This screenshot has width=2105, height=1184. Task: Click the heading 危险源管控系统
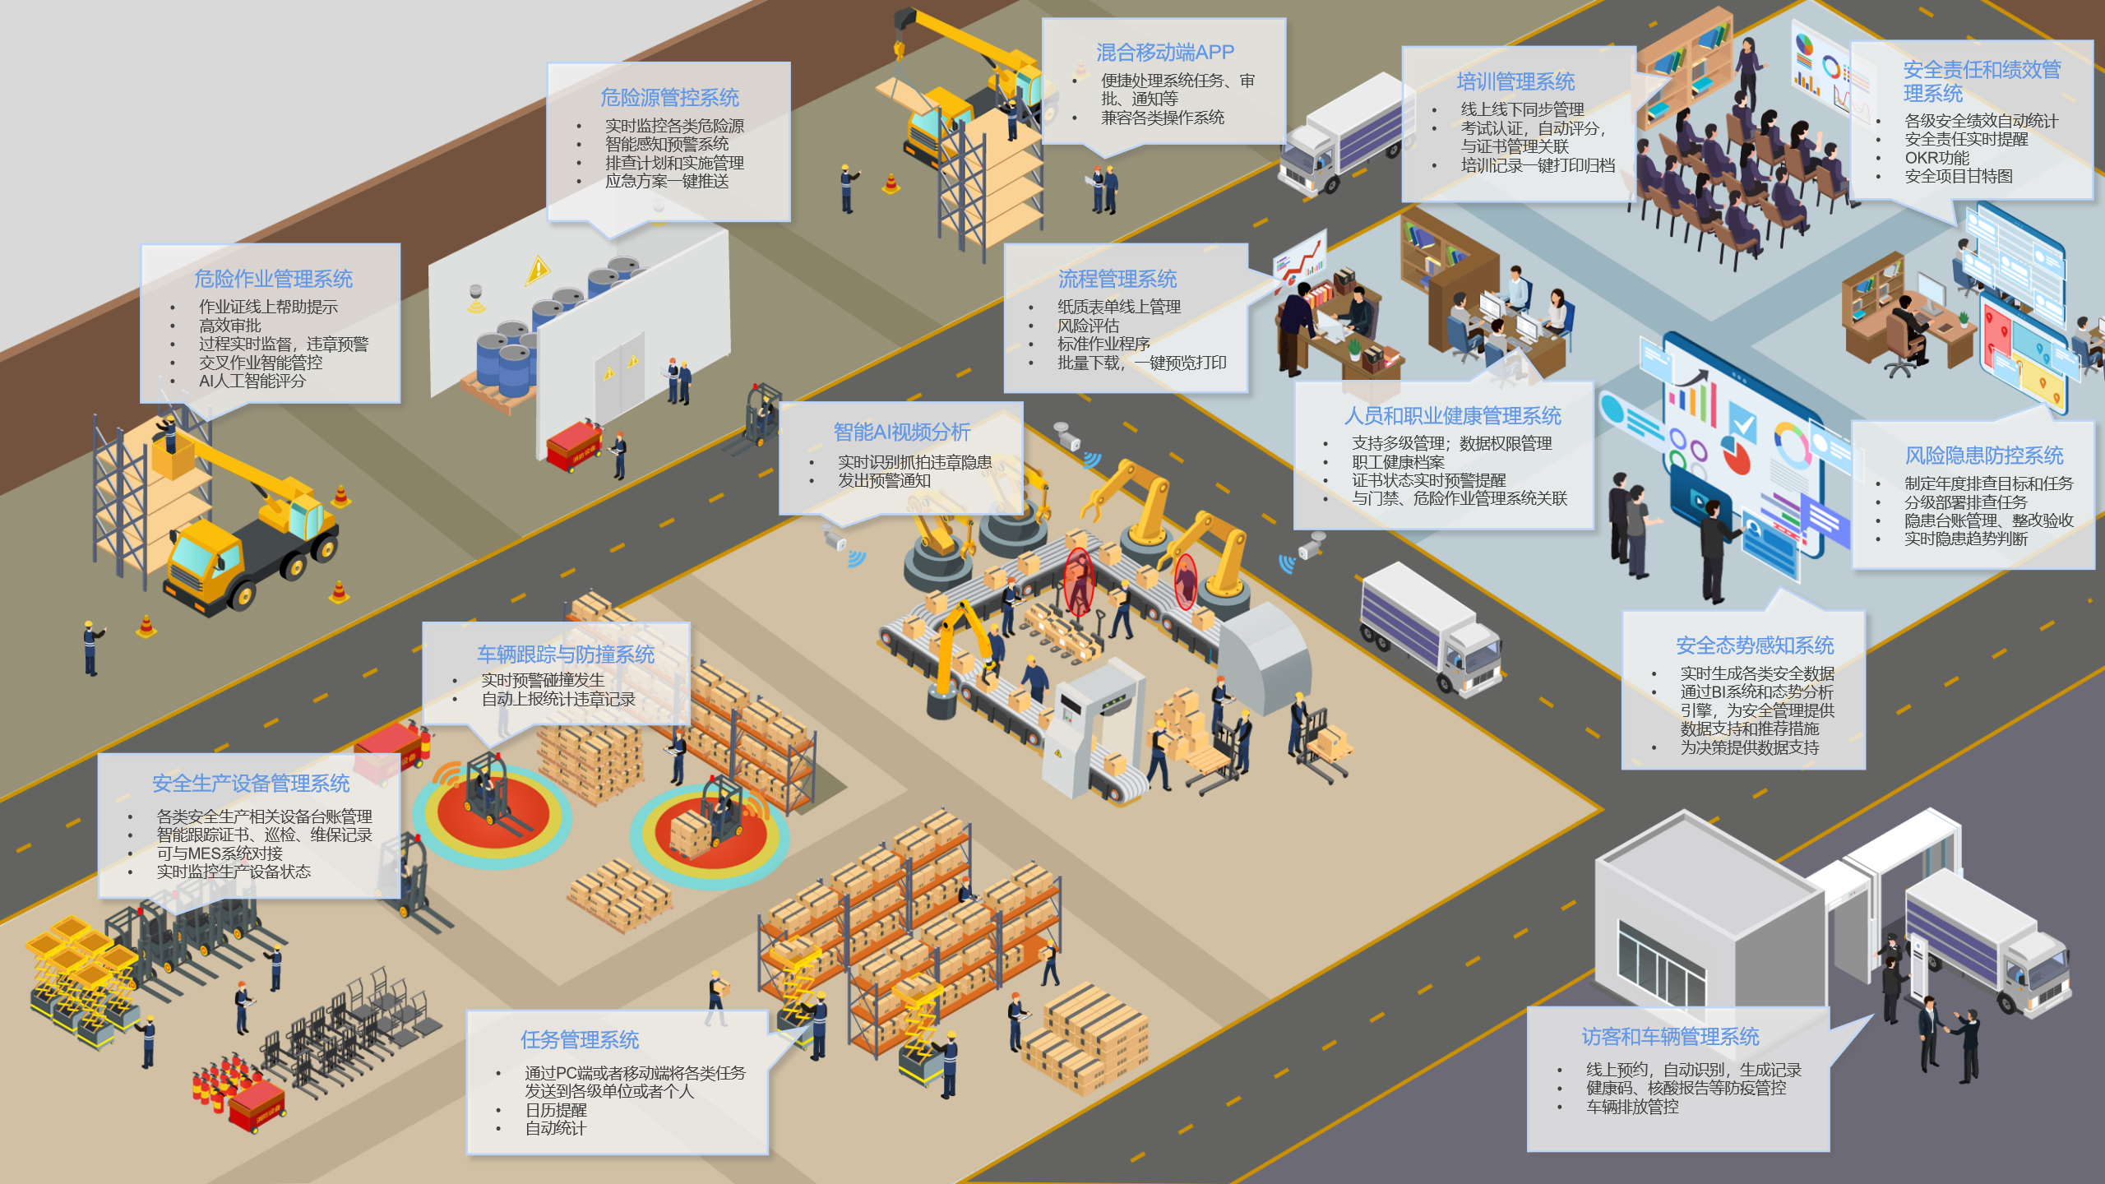tap(669, 98)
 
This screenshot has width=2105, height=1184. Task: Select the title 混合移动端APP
tap(1165, 53)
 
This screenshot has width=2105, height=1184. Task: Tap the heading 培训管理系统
tap(1515, 81)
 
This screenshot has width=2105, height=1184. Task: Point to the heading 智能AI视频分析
tap(902, 432)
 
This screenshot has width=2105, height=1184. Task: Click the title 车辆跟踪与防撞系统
tap(566, 654)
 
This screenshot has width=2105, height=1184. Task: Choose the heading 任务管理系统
tap(580, 1040)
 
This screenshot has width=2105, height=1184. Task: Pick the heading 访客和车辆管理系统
tap(1670, 1037)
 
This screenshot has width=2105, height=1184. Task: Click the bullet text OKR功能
tap(1937, 158)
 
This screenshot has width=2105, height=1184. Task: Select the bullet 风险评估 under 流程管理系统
tap(1088, 326)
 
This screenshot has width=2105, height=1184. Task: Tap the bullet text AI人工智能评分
tap(252, 382)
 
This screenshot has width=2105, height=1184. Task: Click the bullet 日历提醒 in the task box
tap(556, 1110)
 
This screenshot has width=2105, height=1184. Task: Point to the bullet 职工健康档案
tap(1398, 462)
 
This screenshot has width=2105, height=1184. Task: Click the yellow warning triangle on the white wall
tap(538, 270)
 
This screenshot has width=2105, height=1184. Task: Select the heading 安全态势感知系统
tap(1755, 645)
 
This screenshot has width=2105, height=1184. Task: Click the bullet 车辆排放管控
tap(1632, 1107)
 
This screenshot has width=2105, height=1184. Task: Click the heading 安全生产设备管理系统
tap(251, 784)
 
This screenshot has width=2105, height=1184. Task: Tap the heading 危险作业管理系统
tap(273, 279)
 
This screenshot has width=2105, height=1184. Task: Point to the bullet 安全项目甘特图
tap(1959, 176)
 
